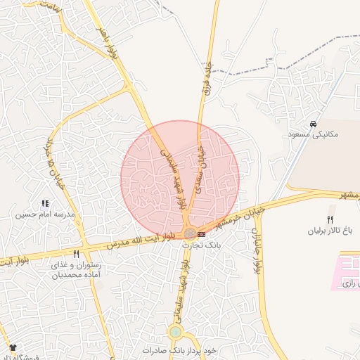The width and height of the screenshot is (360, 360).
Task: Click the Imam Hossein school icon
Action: click(x=45, y=203)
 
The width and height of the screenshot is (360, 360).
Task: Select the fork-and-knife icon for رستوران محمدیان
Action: click(x=77, y=254)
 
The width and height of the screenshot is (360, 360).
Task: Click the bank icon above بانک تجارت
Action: click(x=202, y=233)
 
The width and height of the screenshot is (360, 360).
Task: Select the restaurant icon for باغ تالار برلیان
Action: click(x=330, y=219)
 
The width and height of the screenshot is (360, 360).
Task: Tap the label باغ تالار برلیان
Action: click(x=330, y=230)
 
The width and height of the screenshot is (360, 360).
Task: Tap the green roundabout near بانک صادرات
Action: click(x=175, y=332)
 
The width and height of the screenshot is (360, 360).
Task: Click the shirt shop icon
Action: click(x=13, y=348)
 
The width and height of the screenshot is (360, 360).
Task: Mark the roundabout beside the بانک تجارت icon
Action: click(x=191, y=233)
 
